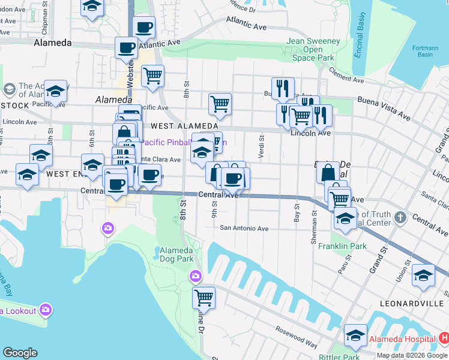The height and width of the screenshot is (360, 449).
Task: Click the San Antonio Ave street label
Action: click(244, 228)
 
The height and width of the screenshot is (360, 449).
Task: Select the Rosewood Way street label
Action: click(296, 337)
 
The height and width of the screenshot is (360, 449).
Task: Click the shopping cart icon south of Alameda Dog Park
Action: click(204, 298)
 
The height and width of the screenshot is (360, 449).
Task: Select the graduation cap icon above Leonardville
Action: click(423, 275)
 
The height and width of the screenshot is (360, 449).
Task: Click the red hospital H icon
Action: click(444, 338)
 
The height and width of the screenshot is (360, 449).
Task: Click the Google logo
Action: click(20, 353)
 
